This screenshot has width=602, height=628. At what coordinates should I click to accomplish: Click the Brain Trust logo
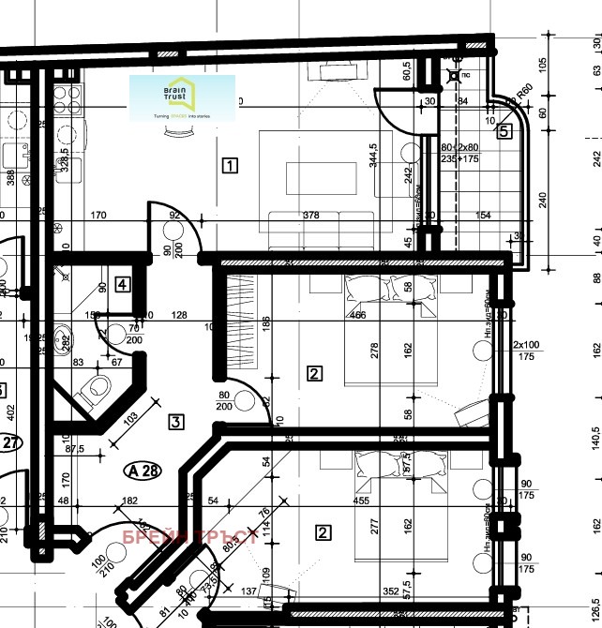click(x=182, y=97)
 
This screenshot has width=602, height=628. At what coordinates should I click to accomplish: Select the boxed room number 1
click(x=230, y=167)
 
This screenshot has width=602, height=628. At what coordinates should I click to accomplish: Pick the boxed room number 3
click(x=175, y=421)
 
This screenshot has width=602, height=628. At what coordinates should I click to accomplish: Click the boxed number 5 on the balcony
click(x=504, y=131)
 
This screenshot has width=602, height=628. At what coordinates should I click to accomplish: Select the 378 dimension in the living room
click(x=312, y=216)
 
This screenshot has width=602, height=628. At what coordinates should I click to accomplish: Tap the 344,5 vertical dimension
click(x=373, y=161)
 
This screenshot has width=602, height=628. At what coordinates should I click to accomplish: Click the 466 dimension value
click(x=357, y=315)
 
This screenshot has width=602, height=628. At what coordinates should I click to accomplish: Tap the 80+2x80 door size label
click(x=459, y=147)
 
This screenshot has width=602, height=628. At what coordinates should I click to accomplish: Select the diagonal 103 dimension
click(x=130, y=417)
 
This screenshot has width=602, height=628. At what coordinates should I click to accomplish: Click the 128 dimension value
click(x=179, y=314)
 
